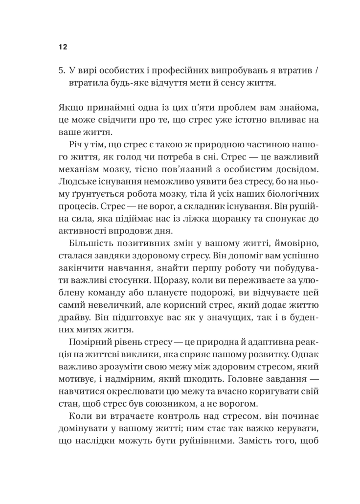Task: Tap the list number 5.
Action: click(x=61, y=70)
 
